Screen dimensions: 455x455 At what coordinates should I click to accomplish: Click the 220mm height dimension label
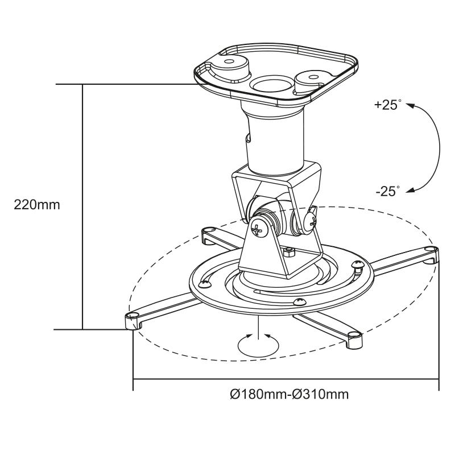click(x=36, y=205)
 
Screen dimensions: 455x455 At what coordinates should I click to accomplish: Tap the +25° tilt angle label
click(x=387, y=105)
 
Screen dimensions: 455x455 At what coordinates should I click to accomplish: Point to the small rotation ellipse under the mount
click(x=259, y=345)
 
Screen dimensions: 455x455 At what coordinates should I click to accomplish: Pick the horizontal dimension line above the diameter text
click(x=284, y=379)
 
